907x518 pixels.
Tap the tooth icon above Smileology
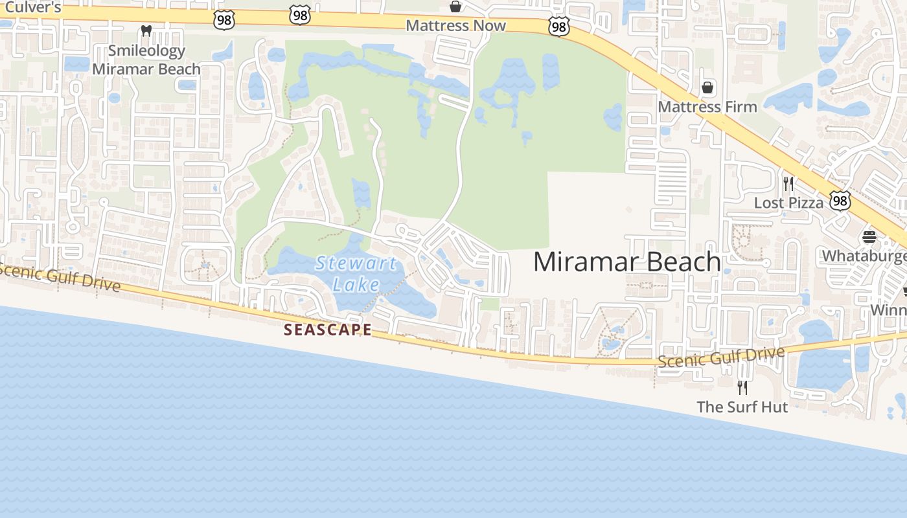146,30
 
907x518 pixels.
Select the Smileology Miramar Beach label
146,60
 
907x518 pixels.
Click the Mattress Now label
455,25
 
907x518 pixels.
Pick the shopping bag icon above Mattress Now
455,6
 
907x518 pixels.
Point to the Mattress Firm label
707,106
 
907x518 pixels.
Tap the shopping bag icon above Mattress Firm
707,87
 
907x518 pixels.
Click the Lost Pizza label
788,203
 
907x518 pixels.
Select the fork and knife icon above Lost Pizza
788,183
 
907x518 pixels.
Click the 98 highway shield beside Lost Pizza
840,201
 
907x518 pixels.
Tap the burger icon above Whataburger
869,236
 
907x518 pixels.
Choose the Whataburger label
865,256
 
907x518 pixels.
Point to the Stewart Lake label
356,273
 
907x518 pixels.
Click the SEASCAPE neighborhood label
328,330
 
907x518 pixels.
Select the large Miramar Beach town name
626,262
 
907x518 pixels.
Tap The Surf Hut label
742,407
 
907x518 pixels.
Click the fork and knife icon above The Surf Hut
742,387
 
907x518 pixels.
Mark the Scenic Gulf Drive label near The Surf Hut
721,357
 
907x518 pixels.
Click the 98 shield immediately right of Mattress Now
558,27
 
